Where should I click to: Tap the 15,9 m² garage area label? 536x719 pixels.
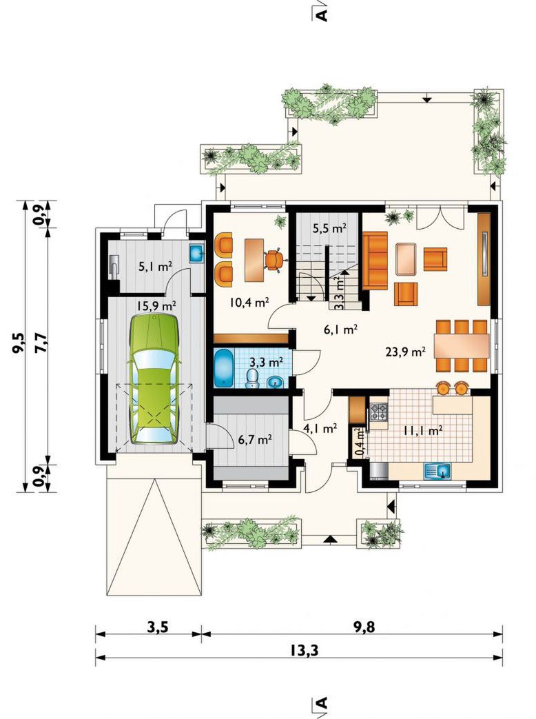click(156, 305)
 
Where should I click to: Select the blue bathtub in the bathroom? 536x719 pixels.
click(223, 367)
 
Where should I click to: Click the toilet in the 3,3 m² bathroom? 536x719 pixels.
click(252, 378)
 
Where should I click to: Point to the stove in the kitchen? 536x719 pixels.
click(379, 412)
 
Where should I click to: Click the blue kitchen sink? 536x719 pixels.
click(437, 471)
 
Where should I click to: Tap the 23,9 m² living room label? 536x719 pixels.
click(406, 352)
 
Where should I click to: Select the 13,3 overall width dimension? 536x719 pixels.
click(304, 650)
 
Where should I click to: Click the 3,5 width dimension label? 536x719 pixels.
click(158, 627)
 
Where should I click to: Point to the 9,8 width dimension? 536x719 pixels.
click(364, 627)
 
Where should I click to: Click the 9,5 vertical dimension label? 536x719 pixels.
click(19, 342)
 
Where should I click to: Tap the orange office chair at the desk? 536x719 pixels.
click(274, 260)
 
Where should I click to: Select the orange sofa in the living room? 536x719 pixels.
click(375, 261)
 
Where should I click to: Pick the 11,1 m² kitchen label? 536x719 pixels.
click(422, 430)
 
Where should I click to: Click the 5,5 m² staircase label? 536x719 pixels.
click(329, 228)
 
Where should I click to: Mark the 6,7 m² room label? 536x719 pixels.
click(256, 440)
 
